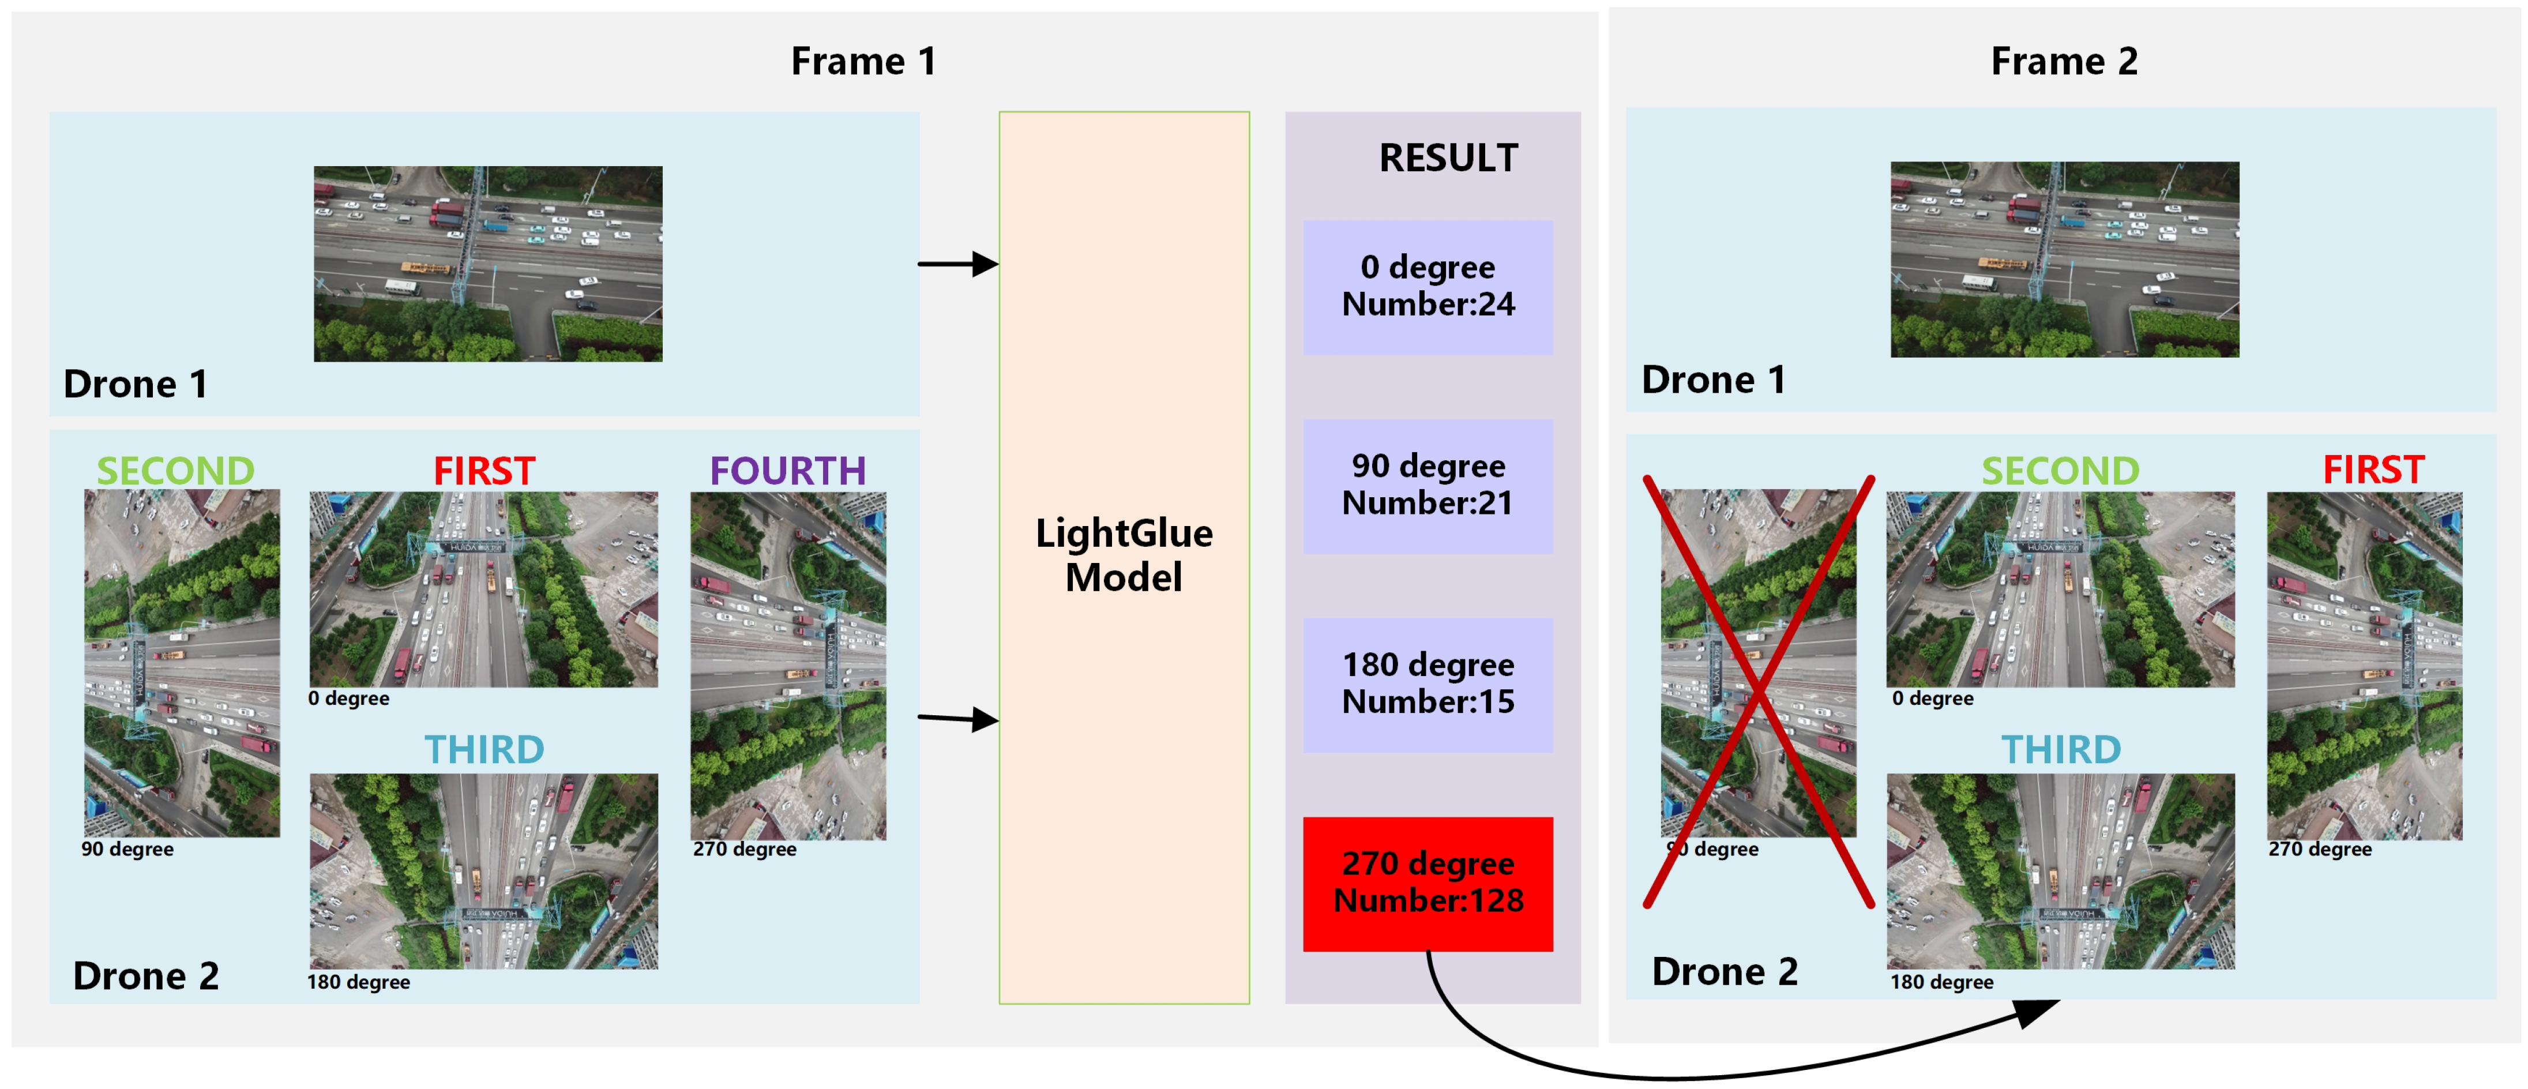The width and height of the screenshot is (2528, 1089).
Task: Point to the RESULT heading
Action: click(1448, 158)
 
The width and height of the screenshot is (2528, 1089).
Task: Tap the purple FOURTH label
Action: click(787, 471)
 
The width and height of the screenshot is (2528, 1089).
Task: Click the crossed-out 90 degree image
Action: click(1757, 663)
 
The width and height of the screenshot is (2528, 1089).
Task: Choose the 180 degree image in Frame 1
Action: click(484, 871)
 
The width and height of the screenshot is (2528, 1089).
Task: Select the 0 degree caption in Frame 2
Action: click(1932, 699)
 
